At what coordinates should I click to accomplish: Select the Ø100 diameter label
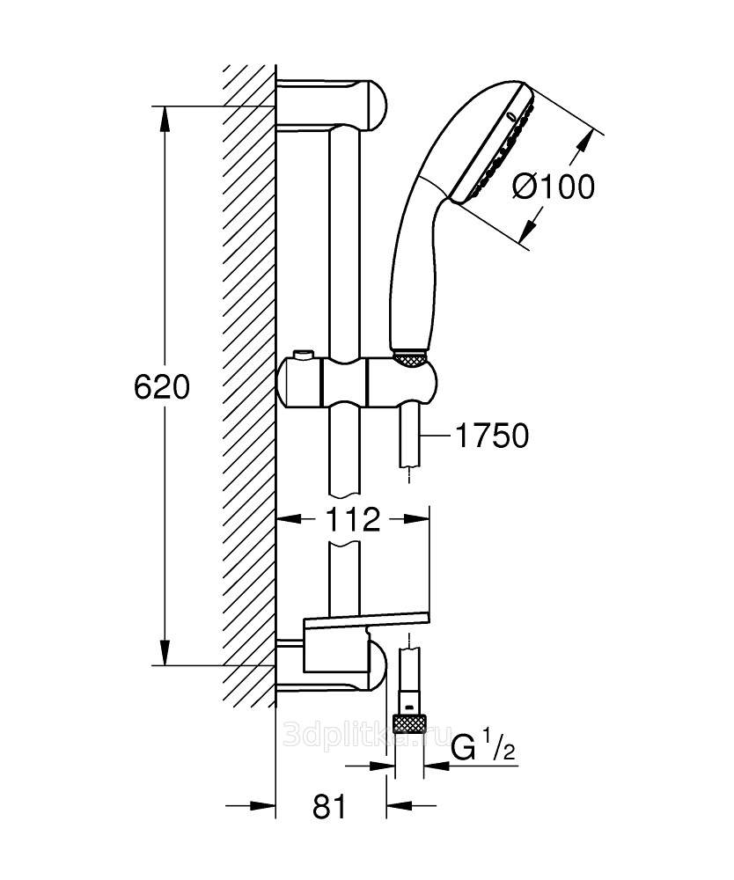[x=553, y=187]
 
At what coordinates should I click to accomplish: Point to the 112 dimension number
[x=351, y=520]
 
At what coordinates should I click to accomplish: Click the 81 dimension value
[x=329, y=806]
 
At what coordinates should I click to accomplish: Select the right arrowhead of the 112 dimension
[x=421, y=520]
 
